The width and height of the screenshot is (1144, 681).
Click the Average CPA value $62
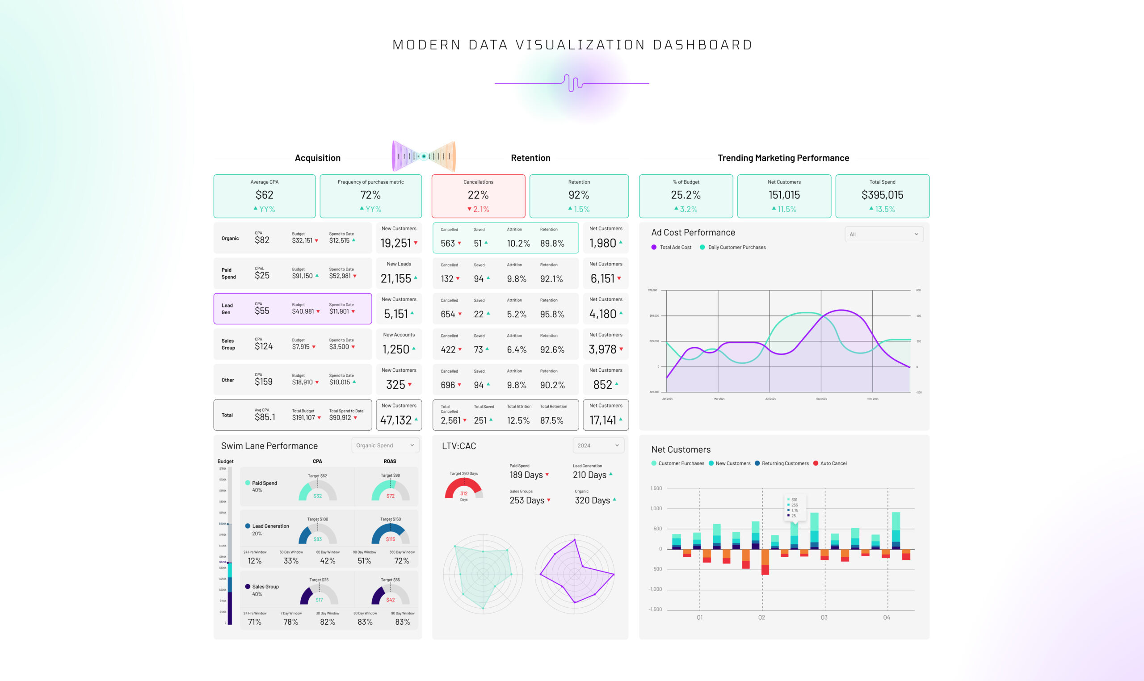(x=264, y=195)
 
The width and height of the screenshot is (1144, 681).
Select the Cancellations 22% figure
(x=478, y=195)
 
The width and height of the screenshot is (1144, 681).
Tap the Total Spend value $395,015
(x=882, y=195)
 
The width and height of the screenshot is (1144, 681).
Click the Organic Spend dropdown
(x=385, y=445)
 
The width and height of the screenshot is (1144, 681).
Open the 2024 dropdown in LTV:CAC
(x=598, y=445)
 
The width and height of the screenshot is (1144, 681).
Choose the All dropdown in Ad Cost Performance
(x=883, y=235)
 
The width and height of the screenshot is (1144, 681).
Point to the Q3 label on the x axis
(x=824, y=618)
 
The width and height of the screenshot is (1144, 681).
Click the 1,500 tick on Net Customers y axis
(x=656, y=488)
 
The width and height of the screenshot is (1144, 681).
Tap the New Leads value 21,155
(x=395, y=278)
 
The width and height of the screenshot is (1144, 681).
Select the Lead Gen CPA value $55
(x=262, y=311)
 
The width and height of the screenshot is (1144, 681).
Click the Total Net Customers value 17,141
(x=602, y=420)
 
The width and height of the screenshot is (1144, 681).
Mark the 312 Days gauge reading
(x=464, y=494)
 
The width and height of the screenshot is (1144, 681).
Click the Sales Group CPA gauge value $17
(x=319, y=600)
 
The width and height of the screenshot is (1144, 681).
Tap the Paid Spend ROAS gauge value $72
(x=391, y=496)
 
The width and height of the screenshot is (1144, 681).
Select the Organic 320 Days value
(x=592, y=500)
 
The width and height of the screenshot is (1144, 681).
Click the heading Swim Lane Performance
(x=269, y=446)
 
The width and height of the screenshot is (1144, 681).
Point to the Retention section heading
(x=530, y=158)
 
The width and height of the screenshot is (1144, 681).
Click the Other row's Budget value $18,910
(x=303, y=382)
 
